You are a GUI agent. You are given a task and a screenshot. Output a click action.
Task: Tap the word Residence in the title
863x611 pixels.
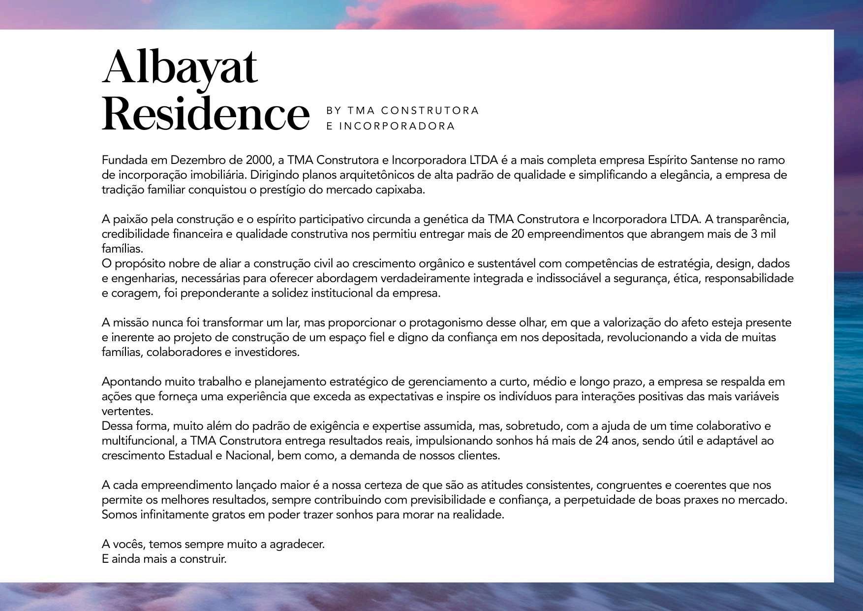[x=206, y=115]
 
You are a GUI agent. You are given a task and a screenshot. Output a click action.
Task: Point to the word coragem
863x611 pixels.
[x=123, y=293]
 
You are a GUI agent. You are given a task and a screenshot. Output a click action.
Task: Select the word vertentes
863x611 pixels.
[x=127, y=412]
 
